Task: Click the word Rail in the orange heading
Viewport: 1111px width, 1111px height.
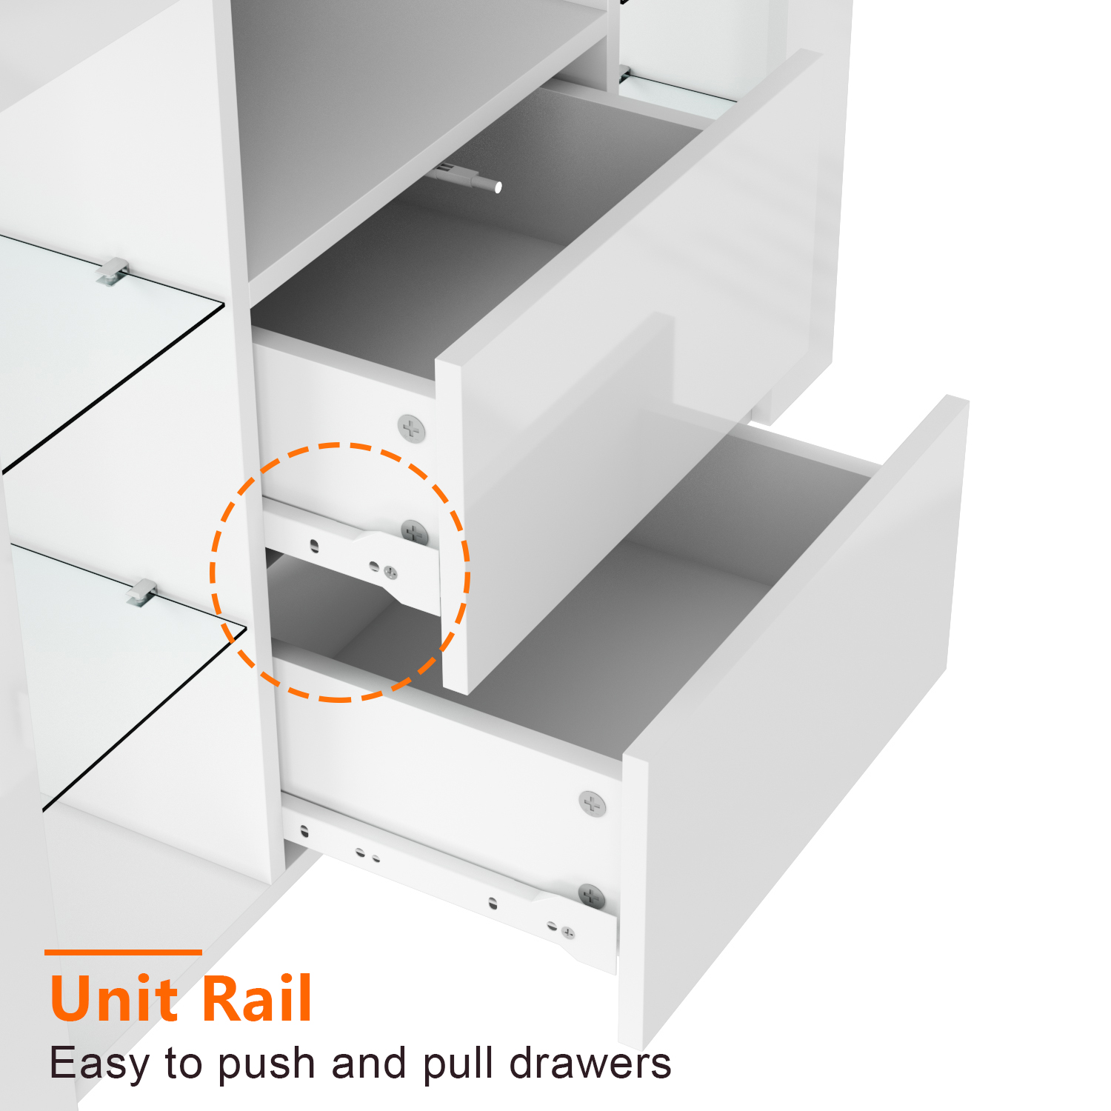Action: (256, 998)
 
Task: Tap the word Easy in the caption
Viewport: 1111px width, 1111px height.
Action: (99, 1064)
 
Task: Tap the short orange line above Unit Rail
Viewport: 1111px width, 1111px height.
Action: (123, 952)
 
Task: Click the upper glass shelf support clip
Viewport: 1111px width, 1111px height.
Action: (113, 271)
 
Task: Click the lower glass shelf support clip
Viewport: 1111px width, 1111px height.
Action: (141, 593)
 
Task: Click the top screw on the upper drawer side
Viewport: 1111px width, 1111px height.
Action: (412, 429)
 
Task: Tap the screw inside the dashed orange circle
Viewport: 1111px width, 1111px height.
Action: (414, 533)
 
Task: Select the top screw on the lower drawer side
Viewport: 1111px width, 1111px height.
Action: (592, 804)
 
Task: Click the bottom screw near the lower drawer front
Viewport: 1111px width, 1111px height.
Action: (591, 897)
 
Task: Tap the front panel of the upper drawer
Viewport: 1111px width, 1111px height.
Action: (637, 370)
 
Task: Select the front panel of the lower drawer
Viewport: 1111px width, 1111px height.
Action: (793, 726)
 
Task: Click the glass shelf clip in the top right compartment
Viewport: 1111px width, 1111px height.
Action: (624, 74)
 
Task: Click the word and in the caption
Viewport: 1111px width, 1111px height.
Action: (368, 1063)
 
